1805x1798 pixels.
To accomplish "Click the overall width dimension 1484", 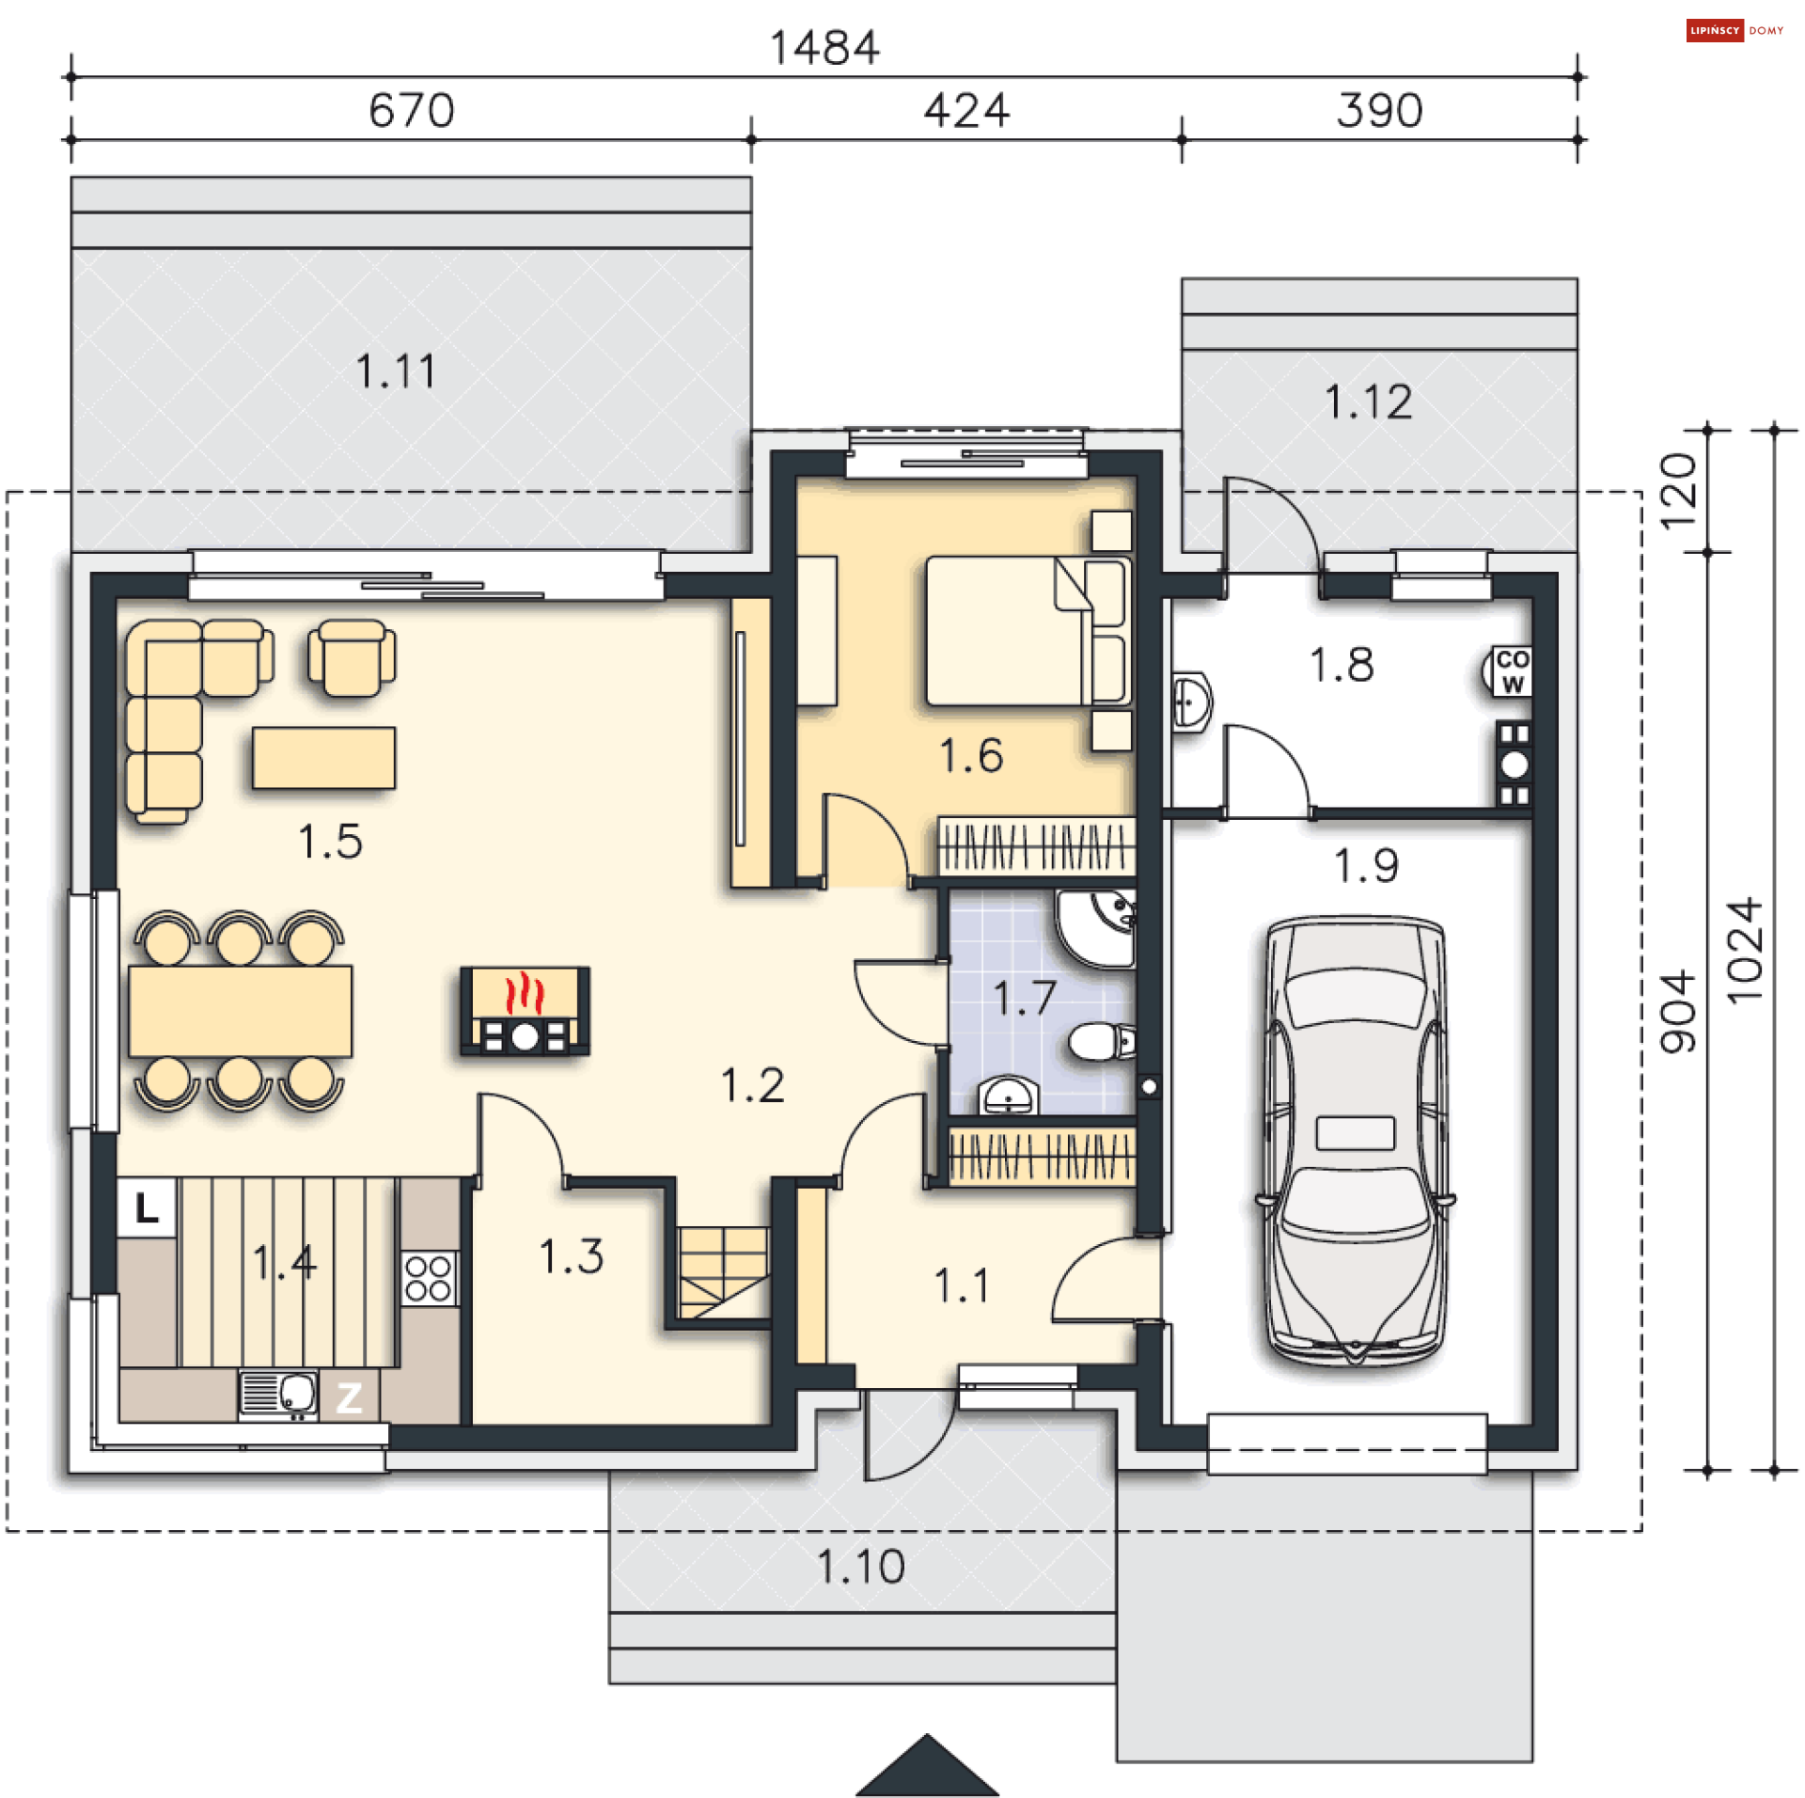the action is point(824,47).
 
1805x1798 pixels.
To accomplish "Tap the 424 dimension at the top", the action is point(966,110).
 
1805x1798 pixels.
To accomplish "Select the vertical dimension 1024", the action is point(1744,950).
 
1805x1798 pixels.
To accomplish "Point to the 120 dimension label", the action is point(1678,491).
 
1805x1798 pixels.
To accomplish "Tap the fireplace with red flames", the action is point(525,1011).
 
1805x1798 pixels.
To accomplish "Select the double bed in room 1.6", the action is point(1028,630).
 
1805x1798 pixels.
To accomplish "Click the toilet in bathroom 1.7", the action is point(1102,1042).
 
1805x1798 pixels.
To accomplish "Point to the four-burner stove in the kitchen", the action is point(429,1278).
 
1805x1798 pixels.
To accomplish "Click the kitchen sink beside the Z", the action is point(278,1395).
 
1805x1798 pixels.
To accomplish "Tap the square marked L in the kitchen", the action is point(147,1207).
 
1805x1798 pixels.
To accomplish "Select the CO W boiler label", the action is point(1512,671).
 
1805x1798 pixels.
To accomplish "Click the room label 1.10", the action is point(860,1567).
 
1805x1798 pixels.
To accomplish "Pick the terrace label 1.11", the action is point(396,371).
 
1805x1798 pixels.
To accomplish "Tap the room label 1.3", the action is point(571,1255).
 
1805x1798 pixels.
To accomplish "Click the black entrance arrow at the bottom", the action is point(927,1765).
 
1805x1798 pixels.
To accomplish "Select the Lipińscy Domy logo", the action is point(1734,30).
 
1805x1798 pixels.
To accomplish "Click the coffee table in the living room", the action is point(323,758).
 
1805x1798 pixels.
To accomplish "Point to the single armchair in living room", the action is point(352,657).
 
